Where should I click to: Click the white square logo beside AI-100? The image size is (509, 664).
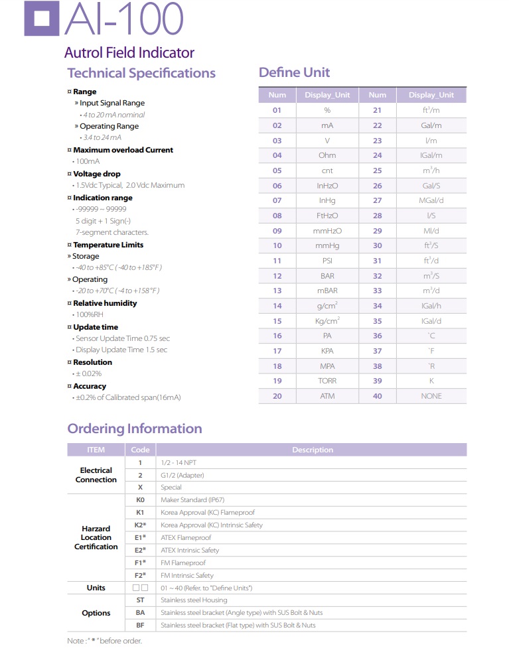(x=41, y=17)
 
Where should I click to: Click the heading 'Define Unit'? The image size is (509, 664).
(x=294, y=72)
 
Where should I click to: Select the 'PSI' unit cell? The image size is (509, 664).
(x=327, y=261)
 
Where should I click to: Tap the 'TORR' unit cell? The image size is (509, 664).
(x=327, y=381)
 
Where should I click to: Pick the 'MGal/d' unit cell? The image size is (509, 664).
(x=431, y=200)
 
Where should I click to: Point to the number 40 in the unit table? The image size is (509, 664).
(x=377, y=396)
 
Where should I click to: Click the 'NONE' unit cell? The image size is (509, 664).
(x=431, y=396)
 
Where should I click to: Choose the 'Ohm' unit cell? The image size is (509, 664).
(x=327, y=155)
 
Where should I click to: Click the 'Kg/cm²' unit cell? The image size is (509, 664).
(x=328, y=320)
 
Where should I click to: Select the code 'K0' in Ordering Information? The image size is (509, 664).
(x=140, y=499)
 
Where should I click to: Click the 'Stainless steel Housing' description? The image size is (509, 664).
(x=193, y=600)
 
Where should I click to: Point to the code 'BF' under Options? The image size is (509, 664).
(x=140, y=625)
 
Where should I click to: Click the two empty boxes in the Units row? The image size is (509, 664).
(x=140, y=588)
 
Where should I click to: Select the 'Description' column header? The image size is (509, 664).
(x=312, y=450)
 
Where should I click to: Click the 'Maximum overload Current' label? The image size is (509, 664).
(x=123, y=150)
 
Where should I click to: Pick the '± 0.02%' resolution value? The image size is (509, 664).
(x=87, y=374)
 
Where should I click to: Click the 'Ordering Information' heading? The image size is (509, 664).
(x=135, y=429)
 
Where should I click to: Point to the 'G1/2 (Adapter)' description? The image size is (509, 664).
(x=182, y=475)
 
